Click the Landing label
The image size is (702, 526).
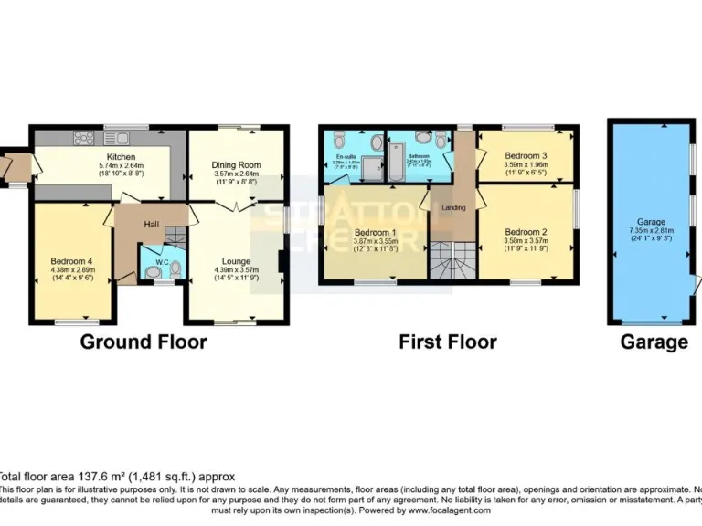(453, 207)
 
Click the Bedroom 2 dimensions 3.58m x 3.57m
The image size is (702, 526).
(526, 241)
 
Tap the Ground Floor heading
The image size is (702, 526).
(144, 342)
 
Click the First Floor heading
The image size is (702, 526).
(447, 342)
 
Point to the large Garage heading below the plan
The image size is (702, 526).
(654, 342)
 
